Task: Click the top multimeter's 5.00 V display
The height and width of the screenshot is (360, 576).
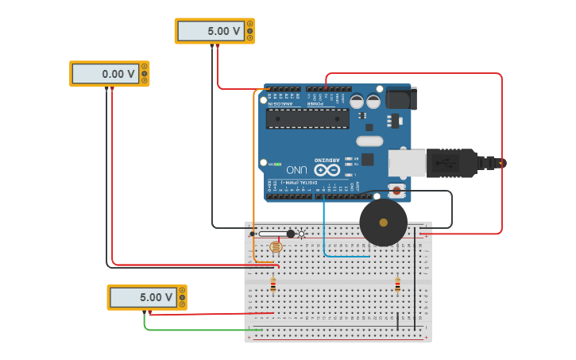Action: [211, 31]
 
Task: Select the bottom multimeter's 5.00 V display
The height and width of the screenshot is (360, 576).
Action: [143, 297]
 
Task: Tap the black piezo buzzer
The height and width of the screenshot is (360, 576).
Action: [383, 223]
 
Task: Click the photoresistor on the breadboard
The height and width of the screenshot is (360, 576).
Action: [276, 246]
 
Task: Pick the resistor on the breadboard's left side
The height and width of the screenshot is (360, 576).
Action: [273, 285]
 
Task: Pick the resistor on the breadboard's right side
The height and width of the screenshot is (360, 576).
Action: [397, 285]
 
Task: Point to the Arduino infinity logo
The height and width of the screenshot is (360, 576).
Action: [327, 169]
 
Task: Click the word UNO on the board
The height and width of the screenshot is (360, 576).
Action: [296, 169]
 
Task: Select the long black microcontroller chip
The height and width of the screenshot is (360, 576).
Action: [307, 118]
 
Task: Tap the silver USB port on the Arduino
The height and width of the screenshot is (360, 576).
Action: [406, 163]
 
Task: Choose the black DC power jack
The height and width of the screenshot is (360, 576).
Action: [401, 99]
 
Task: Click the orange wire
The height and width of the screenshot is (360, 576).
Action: [254, 175]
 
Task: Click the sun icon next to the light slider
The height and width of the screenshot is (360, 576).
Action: [301, 234]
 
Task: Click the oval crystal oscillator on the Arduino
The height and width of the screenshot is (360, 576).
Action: [369, 141]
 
